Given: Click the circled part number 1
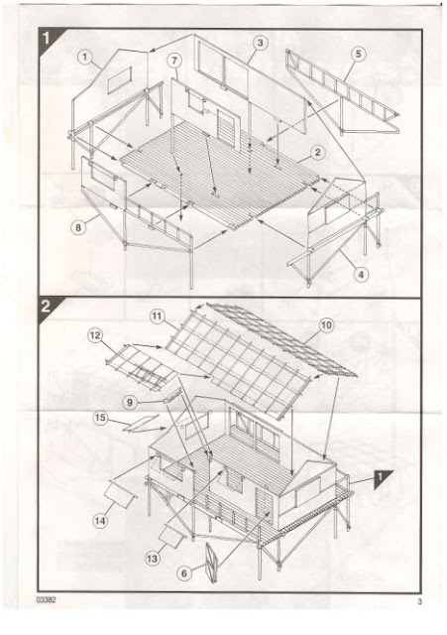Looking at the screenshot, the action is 84,58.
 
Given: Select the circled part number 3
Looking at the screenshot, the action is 260,43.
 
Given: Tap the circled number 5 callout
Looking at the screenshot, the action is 359,54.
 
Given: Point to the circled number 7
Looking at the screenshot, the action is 174,61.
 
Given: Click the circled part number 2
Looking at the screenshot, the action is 318,152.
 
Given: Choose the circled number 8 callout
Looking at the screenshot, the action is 78,227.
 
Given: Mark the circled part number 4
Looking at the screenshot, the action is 361,275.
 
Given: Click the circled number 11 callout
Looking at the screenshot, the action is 158,317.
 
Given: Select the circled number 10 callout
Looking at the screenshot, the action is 326,324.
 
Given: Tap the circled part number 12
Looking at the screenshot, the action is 96,335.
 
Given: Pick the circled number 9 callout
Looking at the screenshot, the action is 130,402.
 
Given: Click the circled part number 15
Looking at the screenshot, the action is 100,418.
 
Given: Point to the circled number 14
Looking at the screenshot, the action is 100,520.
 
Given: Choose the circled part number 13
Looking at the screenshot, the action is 152,559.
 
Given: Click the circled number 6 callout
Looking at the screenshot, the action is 184,573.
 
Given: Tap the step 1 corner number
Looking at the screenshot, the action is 47,38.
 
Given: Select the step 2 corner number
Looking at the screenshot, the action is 46,306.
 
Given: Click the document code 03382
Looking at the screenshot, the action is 46,600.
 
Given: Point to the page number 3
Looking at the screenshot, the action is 419,602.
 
